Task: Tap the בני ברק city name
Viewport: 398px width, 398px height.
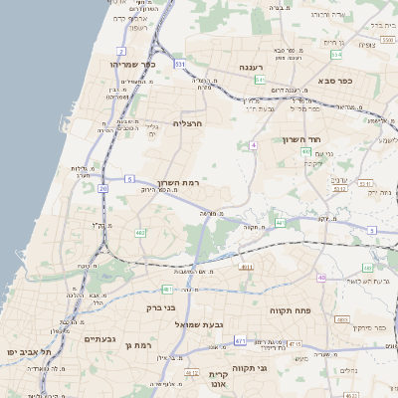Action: click(161, 307)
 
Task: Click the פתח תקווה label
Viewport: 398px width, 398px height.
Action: click(292, 310)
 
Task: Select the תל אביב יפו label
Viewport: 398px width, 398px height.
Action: click(28, 352)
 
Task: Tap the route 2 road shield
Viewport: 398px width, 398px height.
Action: click(121, 50)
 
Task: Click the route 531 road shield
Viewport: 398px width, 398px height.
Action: click(180, 64)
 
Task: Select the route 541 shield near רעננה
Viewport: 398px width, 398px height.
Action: click(259, 79)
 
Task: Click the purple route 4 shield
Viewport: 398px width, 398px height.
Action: click(254, 145)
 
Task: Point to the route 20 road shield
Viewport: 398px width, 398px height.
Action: click(102, 187)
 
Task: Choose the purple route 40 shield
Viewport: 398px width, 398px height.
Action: click(320, 278)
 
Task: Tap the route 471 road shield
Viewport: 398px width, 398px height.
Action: click(240, 341)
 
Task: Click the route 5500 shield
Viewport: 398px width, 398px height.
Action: click(387, 41)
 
